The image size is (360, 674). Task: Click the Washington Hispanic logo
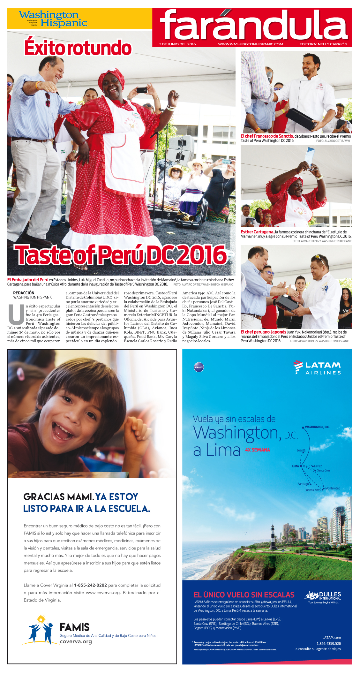(x=53, y=19)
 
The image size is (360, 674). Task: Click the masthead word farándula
(x=253, y=25)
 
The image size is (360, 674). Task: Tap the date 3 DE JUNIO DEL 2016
(x=177, y=44)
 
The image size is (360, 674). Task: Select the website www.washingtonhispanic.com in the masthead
(x=250, y=44)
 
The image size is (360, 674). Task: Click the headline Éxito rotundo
(x=78, y=48)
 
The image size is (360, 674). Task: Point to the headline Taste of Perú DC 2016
(x=120, y=255)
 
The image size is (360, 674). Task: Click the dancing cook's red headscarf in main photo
(x=111, y=78)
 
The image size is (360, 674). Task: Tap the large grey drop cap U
(x=16, y=314)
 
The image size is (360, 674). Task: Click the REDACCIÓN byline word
(x=24, y=293)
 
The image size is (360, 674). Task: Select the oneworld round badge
(x=199, y=367)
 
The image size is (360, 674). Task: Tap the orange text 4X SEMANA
(x=257, y=450)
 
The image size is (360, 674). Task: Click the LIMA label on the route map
(x=296, y=466)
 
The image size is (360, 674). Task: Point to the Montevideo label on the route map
(x=333, y=488)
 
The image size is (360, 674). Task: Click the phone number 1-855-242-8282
(x=90, y=585)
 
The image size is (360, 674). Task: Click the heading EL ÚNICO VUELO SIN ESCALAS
(x=244, y=595)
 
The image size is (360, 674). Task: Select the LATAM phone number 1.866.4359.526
(x=328, y=644)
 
